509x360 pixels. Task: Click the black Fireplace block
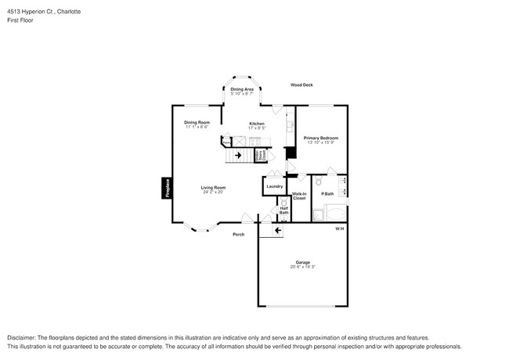pos(166,189)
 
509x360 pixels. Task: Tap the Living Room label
pos(213,187)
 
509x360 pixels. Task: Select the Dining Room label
pos(197,122)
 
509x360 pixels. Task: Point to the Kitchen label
pos(257,123)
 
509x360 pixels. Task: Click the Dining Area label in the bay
pos(242,89)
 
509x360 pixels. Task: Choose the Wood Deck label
pos(301,85)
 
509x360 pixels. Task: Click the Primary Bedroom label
pos(321,138)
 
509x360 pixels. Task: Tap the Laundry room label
pos(274,186)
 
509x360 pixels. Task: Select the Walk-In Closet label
pos(299,196)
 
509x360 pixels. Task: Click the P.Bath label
pos(327,193)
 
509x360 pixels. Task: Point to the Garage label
pos(302,261)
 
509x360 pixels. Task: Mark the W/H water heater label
pos(339,229)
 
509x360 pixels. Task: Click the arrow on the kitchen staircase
pos(238,155)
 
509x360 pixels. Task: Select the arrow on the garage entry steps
pos(277,230)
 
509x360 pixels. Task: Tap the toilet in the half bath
pos(284,203)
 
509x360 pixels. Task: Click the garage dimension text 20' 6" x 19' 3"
pos(302,267)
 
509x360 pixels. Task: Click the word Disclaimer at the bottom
pos(22,337)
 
